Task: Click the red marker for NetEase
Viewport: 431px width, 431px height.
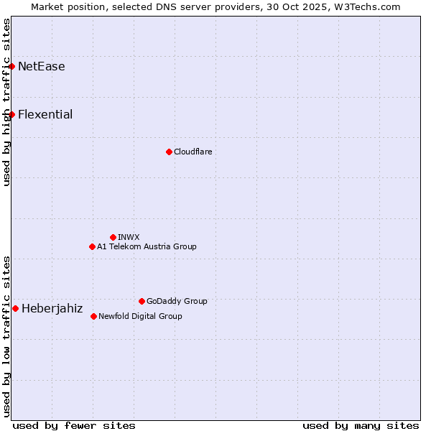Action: tap(11, 66)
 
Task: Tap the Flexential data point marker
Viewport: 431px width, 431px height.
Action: tap(11, 114)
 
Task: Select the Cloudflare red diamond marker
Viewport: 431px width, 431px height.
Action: tap(169, 152)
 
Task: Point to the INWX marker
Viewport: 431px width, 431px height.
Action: tap(113, 237)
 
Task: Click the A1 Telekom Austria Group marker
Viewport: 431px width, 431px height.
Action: tap(92, 246)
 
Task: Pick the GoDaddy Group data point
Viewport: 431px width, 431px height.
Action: tap(142, 301)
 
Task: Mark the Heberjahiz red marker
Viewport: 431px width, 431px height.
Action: tap(15, 308)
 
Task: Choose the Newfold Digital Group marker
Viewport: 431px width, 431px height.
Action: tap(93, 316)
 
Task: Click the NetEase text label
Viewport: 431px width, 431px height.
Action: tap(42, 67)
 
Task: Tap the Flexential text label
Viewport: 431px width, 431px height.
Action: tap(45, 115)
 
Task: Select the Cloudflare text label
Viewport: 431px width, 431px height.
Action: tap(193, 152)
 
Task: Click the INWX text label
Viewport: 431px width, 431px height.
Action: tap(129, 238)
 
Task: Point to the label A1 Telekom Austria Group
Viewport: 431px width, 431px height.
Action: tap(147, 247)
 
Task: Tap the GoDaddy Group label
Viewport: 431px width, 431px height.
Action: tap(177, 302)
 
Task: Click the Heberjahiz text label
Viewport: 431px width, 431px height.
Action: tap(52, 309)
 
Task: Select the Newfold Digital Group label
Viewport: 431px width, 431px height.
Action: tap(140, 317)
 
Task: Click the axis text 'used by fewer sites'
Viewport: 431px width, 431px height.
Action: tap(74, 425)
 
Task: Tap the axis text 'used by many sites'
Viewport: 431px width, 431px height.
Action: tap(361, 425)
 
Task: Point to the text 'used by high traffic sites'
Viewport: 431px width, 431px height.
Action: tap(7, 102)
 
